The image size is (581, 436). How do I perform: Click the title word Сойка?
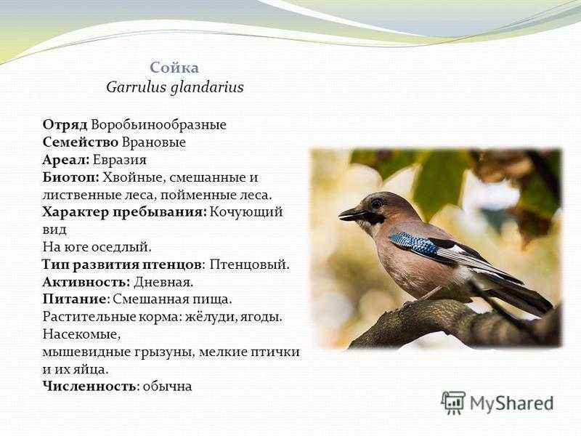(174, 68)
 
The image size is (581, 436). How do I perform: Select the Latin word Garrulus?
(136, 87)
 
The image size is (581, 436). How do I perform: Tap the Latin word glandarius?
(207, 88)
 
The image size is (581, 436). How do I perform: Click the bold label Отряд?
(65, 125)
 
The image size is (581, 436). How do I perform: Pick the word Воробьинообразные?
(158, 125)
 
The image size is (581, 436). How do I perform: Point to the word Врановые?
(154, 142)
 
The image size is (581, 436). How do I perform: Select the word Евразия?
(120, 160)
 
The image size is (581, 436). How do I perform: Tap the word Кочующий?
(246, 212)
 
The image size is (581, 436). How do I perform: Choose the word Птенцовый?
(249, 265)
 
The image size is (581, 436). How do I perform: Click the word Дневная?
(163, 283)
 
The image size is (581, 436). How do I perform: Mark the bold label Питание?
(74, 299)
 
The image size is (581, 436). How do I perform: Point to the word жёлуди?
(211, 318)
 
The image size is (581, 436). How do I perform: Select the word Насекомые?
(81, 334)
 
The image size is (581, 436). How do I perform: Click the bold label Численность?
(89, 386)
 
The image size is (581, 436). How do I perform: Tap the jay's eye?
(377, 203)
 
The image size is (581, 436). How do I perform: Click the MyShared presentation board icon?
(453, 403)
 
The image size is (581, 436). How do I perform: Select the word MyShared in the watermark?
(512, 403)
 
